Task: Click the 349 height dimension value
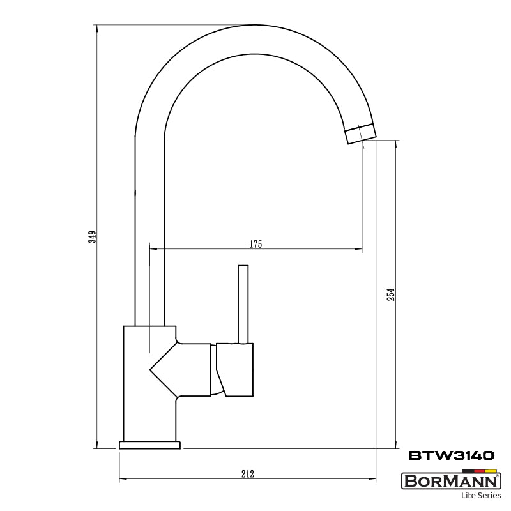coord(92,236)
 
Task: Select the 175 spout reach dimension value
coord(256,244)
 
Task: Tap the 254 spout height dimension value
coord(392,294)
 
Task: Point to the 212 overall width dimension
coord(248,473)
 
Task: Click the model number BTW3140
coord(451,455)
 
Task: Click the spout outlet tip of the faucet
coord(360,134)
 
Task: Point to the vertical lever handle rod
coord(243,303)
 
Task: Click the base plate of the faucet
coord(149,445)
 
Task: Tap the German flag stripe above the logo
coord(479,470)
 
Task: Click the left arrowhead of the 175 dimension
coord(152,248)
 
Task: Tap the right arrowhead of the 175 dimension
coord(359,248)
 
